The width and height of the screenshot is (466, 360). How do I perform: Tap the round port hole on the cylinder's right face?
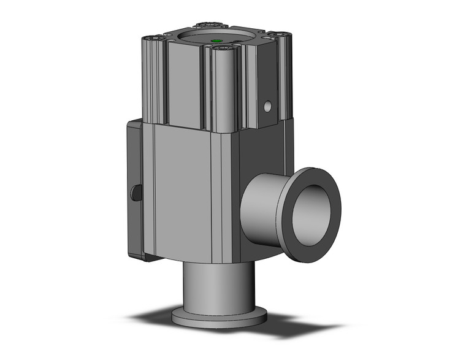click(267, 107)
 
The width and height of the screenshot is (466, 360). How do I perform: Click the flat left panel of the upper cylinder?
click(184, 86)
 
